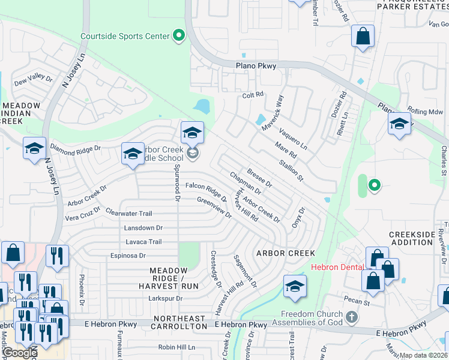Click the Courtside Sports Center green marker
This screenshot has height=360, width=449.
tap(178, 36)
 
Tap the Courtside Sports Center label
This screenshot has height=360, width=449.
tap(125, 36)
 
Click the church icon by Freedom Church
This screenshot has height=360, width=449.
tap(352, 316)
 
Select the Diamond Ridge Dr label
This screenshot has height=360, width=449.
tap(76, 146)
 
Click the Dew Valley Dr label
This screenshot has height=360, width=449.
tap(33, 79)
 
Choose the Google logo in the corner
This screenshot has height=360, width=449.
tap(20, 353)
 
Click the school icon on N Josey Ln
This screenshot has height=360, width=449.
tap(34, 148)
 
